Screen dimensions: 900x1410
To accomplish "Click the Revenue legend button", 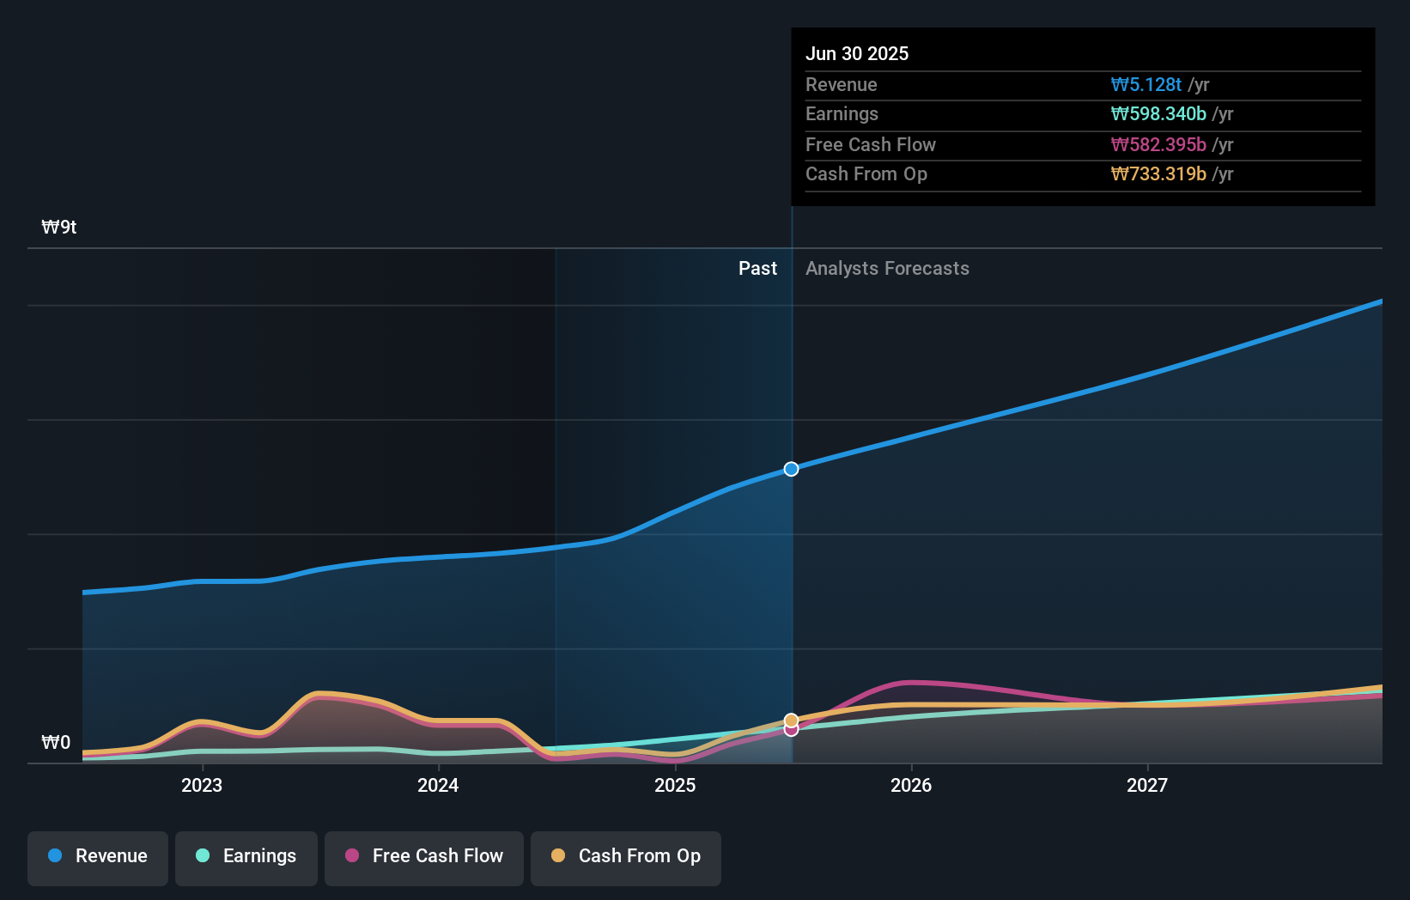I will coord(98,857).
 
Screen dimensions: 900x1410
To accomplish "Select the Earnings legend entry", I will coord(246,857).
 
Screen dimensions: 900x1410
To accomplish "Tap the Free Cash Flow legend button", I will coord(424,857).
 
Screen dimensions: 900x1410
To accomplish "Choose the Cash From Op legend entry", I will coord(626,857).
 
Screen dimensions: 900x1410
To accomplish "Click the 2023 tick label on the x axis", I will coord(202,785).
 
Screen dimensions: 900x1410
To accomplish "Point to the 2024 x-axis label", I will coord(438,785).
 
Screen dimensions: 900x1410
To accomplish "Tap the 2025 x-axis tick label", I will coord(675,785).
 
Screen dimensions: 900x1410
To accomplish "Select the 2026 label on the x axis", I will coord(911,785).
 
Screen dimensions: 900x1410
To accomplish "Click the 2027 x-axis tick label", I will coord(1147,785).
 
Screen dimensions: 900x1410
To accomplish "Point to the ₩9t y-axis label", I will coord(59,228).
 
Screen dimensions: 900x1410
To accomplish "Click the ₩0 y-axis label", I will coord(56,743).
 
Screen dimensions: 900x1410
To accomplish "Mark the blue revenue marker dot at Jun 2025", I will coord(792,469).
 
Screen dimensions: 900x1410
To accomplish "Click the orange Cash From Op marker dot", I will coord(792,721).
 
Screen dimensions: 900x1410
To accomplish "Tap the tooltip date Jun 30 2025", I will coord(857,54).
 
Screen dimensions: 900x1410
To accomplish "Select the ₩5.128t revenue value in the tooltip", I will coord(1146,85).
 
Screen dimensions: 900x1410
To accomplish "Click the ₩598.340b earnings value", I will coord(1158,114).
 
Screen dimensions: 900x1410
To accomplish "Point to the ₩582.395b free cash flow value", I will coord(1158,145).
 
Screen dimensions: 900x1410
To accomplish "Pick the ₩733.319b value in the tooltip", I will coord(1158,174).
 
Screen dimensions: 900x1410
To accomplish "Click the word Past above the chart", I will coord(757,269).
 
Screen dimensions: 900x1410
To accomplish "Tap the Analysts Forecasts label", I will coord(887,269).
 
